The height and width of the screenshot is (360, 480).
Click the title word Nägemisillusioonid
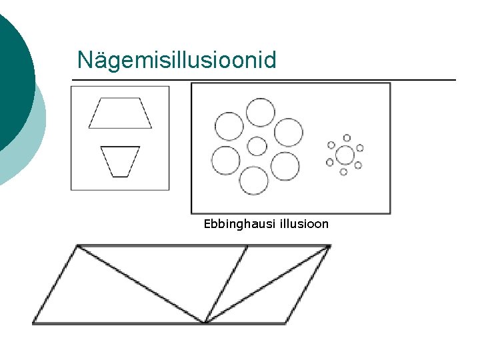pyautogui.click(x=176, y=60)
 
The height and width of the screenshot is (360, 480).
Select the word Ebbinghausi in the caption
pyautogui.click(x=234, y=224)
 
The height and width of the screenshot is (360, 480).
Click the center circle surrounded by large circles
pyautogui.click(x=257, y=146)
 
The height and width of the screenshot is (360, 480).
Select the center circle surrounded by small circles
pyautogui.click(x=345, y=155)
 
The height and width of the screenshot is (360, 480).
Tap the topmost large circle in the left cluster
pyautogui.click(x=260, y=112)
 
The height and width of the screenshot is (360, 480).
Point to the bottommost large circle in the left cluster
pyautogui.click(x=253, y=180)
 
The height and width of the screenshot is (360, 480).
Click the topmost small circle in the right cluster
pyautogui.click(x=347, y=138)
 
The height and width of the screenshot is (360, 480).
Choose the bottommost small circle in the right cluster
pyautogui.click(x=343, y=172)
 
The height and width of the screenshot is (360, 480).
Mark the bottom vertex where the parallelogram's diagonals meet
pyautogui.click(x=205, y=323)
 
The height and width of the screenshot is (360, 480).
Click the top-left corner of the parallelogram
pyautogui.click(x=77, y=246)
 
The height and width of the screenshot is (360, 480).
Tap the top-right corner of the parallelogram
pyautogui.click(x=329, y=246)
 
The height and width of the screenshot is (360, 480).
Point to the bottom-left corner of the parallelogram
pyautogui.click(x=33, y=323)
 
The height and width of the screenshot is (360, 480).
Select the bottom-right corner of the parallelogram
pyautogui.click(x=286, y=323)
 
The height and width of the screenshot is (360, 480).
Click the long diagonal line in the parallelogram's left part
pyautogui.click(x=140, y=285)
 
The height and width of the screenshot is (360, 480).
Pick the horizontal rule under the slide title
pyautogui.click(x=263, y=80)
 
